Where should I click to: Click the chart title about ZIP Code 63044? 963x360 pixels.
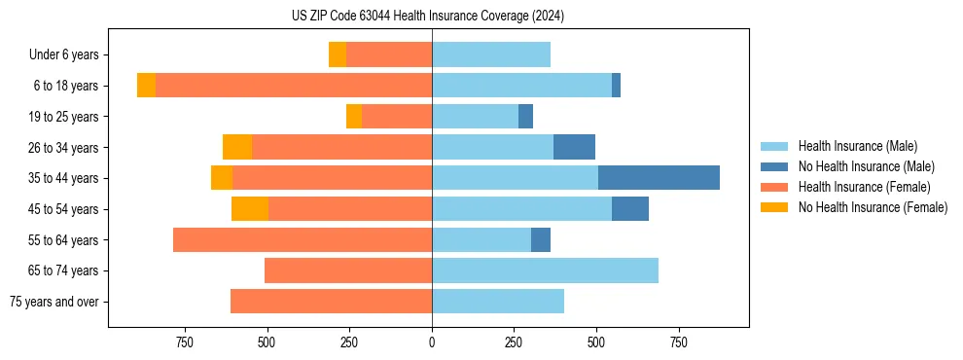pos(428,16)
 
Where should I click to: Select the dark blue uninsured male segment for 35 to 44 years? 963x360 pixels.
pos(659,178)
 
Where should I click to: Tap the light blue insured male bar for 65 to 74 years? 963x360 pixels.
pos(545,270)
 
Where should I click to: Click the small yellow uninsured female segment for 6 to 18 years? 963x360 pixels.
pos(146,86)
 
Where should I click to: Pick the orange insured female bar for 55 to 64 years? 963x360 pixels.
pos(303,239)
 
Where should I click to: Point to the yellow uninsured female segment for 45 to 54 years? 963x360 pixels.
pos(250,209)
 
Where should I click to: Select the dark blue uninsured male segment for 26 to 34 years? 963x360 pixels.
pos(574,147)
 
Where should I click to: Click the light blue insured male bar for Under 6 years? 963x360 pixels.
pos(491,54)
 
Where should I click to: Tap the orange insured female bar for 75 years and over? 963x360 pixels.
pos(331,302)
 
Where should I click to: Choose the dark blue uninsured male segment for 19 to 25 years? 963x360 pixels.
pos(525,117)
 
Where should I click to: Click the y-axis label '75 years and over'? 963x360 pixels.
pos(53,302)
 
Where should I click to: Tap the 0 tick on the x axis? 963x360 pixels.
pos(432,342)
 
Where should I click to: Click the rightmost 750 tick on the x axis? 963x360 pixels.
pos(679,342)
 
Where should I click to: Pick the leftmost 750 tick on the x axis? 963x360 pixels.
pos(185,342)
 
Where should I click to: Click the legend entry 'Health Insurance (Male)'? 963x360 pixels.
pos(857,146)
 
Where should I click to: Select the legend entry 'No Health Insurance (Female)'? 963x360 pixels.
pos(873,207)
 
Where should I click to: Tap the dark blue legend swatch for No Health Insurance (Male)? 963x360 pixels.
pos(774,166)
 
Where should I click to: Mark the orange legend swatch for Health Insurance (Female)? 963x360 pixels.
pos(774,187)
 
